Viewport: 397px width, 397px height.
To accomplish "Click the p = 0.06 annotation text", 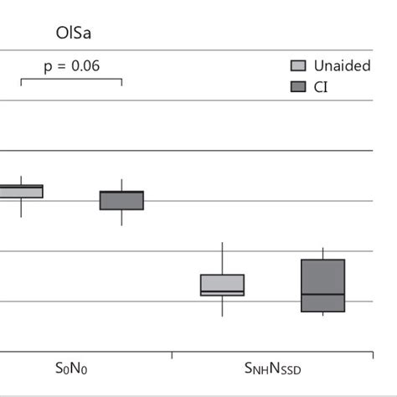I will (71, 65).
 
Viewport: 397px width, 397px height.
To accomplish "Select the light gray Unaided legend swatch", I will (297, 66).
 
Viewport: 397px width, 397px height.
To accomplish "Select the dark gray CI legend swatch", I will (297, 86).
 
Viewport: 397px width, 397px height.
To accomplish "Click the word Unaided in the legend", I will (342, 66).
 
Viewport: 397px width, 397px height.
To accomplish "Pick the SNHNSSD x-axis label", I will (272, 369).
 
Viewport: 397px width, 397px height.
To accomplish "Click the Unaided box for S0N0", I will (21, 192).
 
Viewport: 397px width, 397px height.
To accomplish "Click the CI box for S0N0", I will (121, 200).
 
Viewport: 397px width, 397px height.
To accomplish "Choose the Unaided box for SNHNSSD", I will (222, 283).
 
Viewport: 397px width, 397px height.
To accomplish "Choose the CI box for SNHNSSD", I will (322, 276).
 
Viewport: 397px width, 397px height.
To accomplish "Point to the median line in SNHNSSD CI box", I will (322, 295).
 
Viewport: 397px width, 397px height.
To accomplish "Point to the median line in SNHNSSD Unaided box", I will (222, 292).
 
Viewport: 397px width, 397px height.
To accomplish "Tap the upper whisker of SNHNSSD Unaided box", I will (222, 258).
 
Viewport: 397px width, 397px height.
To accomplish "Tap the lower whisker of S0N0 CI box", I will (121, 217).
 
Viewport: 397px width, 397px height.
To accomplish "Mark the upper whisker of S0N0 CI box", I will (121, 185).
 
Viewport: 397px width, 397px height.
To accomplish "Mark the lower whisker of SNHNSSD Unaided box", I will (222, 307).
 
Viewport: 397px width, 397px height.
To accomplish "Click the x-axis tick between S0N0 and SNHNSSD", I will (172, 354).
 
